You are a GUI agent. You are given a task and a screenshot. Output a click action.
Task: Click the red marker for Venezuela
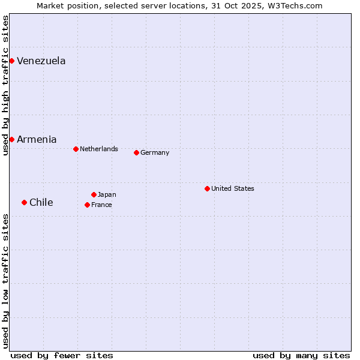(x=11, y=61)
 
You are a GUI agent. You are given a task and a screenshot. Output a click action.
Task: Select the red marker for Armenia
(x=11, y=139)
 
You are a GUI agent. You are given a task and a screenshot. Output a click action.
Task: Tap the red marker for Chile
(x=24, y=202)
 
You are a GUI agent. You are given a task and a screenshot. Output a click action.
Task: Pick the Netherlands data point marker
(x=76, y=149)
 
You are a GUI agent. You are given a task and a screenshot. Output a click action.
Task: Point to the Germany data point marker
(x=136, y=152)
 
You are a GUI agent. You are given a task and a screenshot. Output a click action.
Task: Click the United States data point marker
(x=207, y=188)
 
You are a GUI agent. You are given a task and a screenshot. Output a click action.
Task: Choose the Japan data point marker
(x=94, y=194)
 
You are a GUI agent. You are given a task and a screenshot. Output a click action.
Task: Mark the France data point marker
(x=87, y=205)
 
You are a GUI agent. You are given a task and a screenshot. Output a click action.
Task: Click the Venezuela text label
(x=41, y=61)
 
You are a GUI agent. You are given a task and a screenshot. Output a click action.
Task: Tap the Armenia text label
(x=37, y=139)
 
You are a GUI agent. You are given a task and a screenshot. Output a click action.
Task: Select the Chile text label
(x=41, y=202)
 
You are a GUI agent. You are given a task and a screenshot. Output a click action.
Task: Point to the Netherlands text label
(x=99, y=149)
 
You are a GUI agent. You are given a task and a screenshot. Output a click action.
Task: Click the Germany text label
(x=155, y=152)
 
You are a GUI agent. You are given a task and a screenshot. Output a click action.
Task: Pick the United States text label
(x=233, y=188)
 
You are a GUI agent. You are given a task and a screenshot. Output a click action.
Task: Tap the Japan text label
(x=107, y=194)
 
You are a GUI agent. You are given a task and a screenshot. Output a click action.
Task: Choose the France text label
(x=101, y=205)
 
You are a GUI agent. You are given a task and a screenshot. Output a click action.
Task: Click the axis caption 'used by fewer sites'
(x=62, y=355)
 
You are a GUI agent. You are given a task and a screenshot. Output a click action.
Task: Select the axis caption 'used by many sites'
(x=301, y=355)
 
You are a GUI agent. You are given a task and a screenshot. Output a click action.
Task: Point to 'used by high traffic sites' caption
(x=5, y=85)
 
